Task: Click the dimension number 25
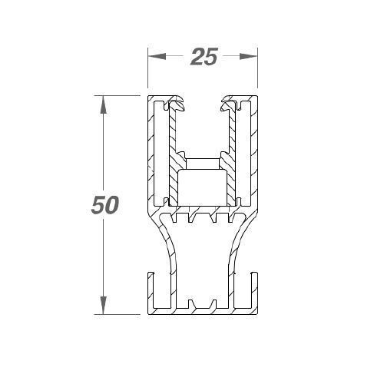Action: tap(204, 57)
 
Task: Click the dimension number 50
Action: tap(105, 204)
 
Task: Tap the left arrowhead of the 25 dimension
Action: tap(157, 56)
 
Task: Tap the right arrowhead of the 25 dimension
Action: tap(248, 56)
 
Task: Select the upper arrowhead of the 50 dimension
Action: tap(103, 104)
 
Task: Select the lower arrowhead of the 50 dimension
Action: tap(103, 305)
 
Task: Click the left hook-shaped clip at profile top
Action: tap(176, 104)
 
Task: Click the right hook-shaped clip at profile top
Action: tap(230, 104)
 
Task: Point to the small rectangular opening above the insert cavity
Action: tap(203, 164)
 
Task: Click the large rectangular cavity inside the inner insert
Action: tap(203, 187)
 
